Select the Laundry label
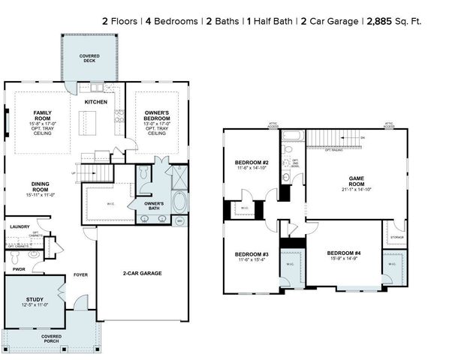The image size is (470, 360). (20, 226)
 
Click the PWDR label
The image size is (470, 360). (18, 268)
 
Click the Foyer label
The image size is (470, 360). (80, 275)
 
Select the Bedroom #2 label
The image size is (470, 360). (252, 162)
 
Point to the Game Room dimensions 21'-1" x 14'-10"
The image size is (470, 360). (356, 187)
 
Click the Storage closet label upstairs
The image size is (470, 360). (396, 237)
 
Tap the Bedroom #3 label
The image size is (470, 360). (252, 253)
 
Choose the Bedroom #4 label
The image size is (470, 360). (344, 253)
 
